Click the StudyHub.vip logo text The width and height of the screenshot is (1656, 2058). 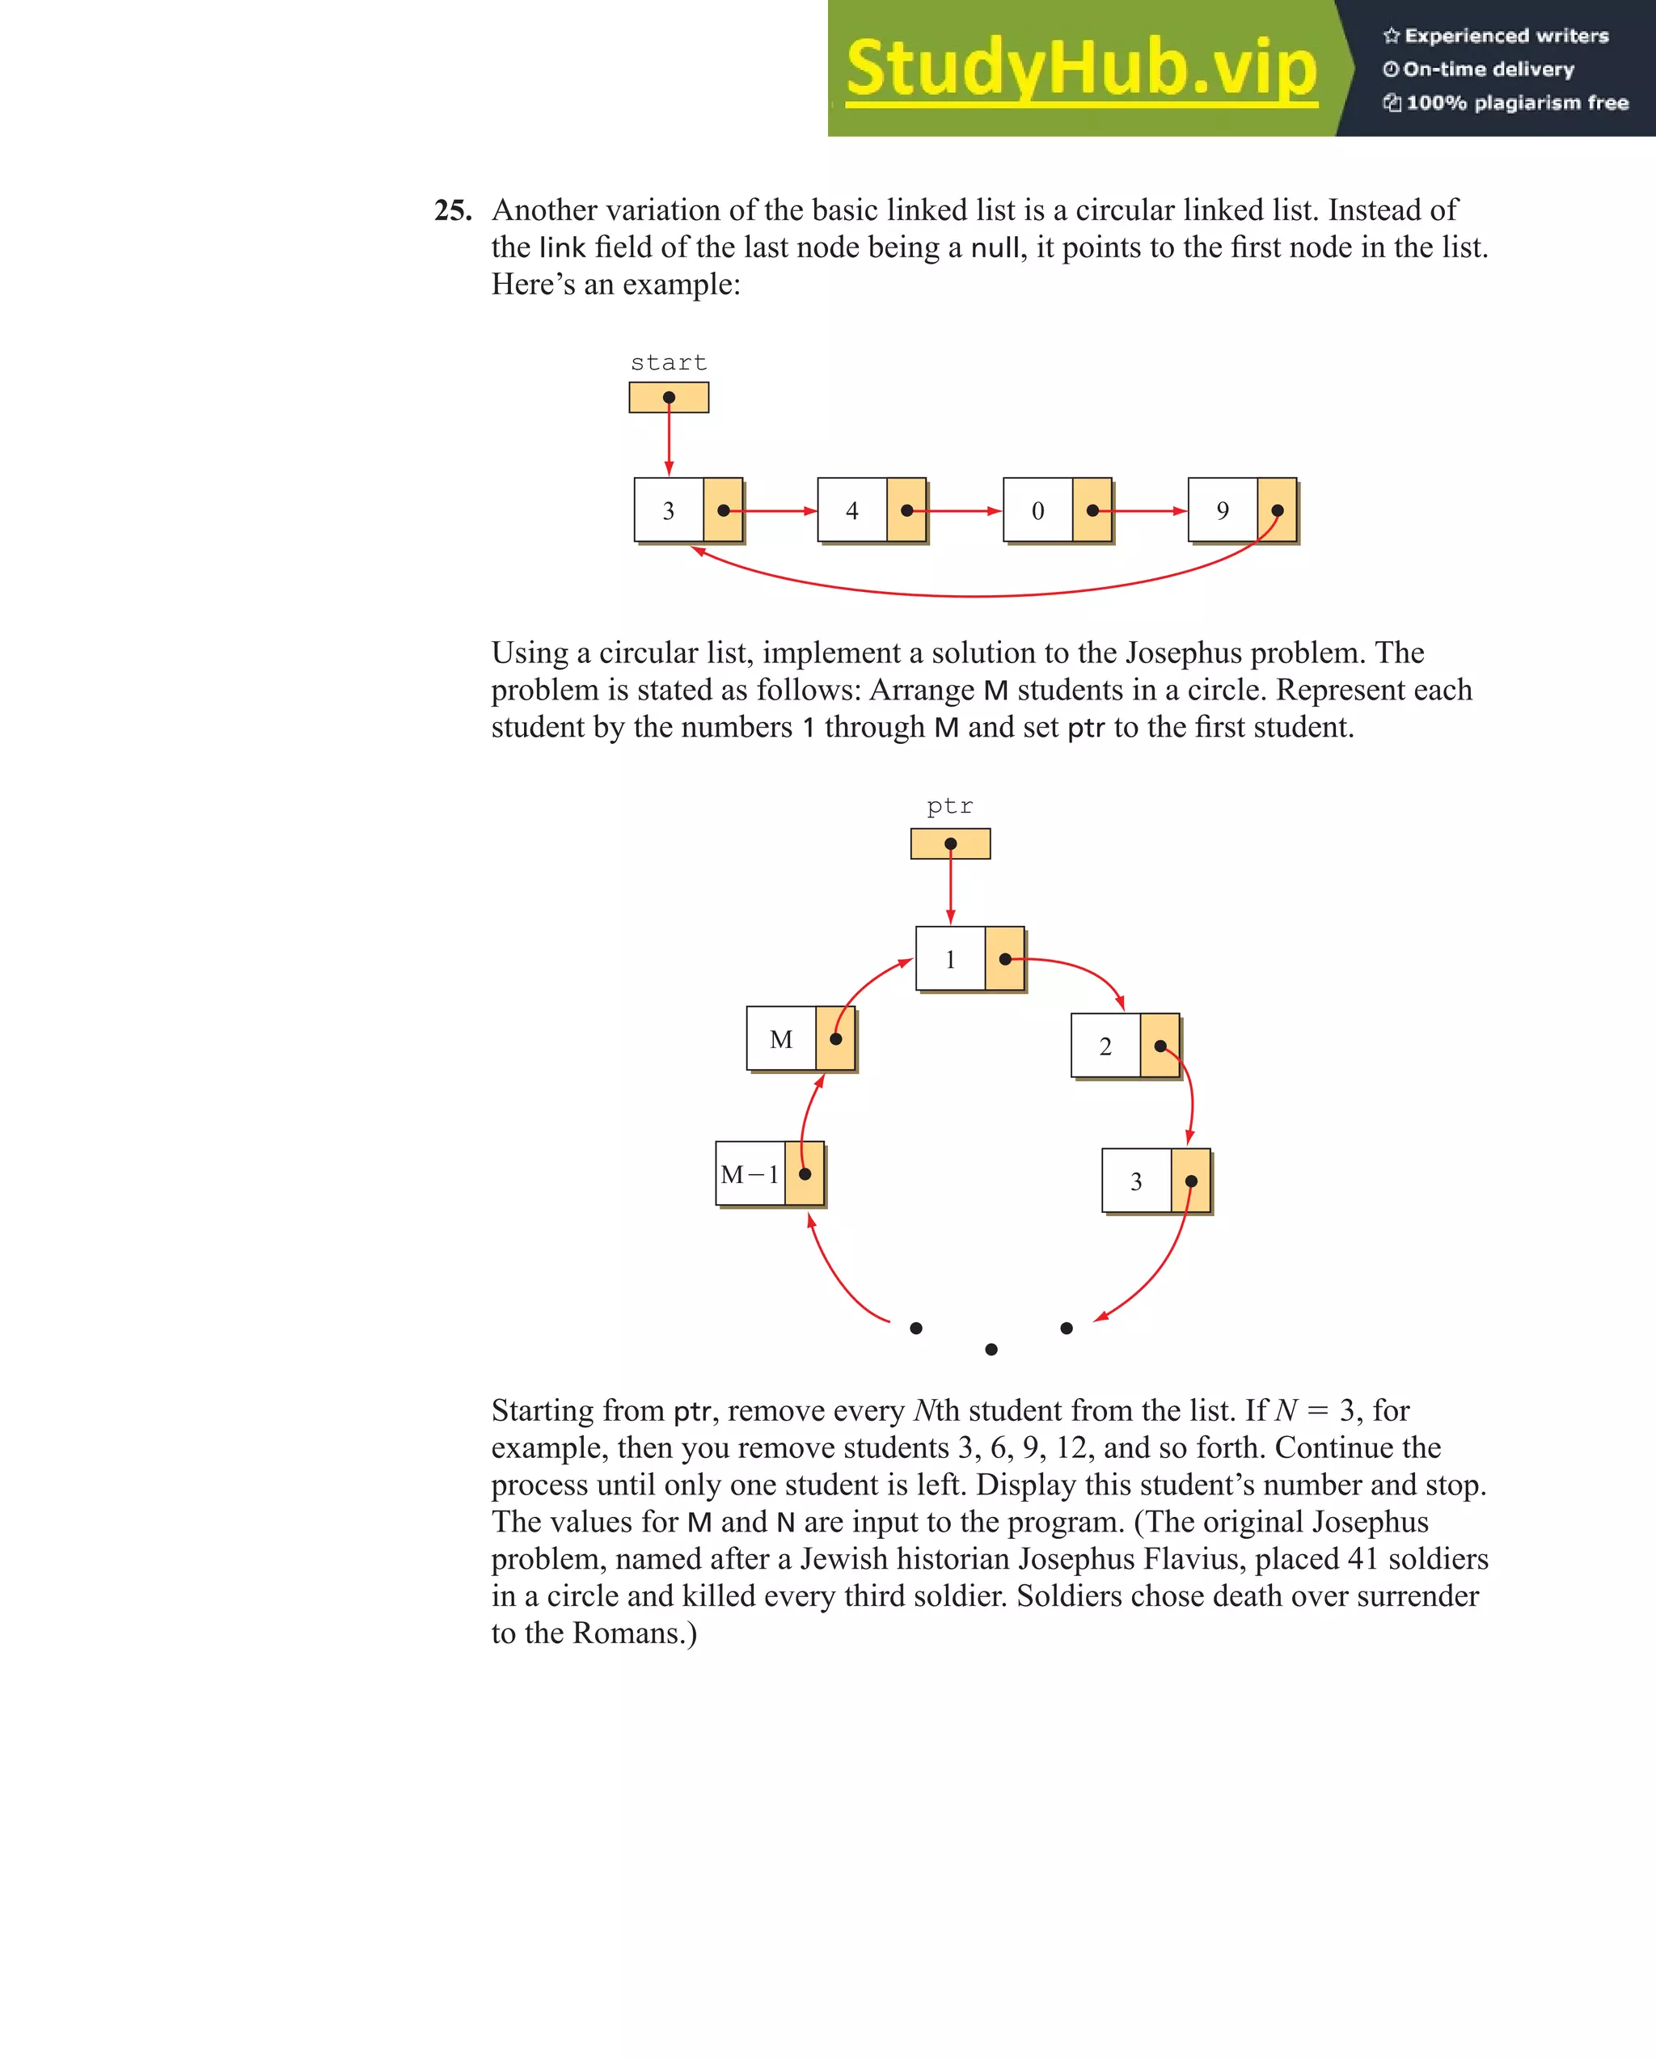pyautogui.click(x=1080, y=69)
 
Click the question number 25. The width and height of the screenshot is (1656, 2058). pyautogui.click(x=453, y=210)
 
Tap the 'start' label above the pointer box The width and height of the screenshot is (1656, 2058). pyautogui.click(x=668, y=363)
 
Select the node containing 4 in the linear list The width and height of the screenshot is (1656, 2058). pyautogui.click(x=871, y=511)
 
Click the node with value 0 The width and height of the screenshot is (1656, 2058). pyautogui.click(x=1057, y=511)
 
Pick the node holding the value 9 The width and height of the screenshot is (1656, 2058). pyautogui.click(x=1241, y=511)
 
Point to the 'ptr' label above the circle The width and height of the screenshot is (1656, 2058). pyautogui.click(x=950, y=806)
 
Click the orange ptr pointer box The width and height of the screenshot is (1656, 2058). pyautogui.click(x=950, y=843)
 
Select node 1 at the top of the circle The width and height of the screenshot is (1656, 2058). pyautogui.click(x=969, y=958)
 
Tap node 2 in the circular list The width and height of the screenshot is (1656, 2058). pyautogui.click(x=1125, y=1046)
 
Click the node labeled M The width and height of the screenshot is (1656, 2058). pyautogui.click(x=800, y=1038)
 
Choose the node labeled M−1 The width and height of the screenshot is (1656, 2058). pyautogui.click(x=769, y=1174)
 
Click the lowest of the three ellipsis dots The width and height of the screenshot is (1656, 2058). pyautogui.click(x=991, y=1349)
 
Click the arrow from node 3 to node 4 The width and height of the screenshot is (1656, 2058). pyautogui.click(x=773, y=511)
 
